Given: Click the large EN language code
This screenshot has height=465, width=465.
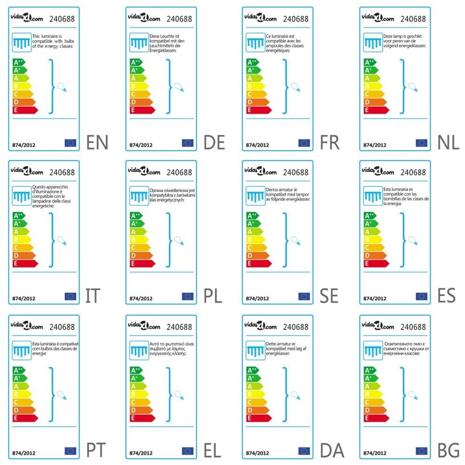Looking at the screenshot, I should [x=97, y=142].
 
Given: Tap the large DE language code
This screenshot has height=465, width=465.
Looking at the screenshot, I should [x=214, y=142].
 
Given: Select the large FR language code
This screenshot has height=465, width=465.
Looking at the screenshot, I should [x=330, y=142].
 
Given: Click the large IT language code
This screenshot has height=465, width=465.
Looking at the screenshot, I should [x=93, y=296].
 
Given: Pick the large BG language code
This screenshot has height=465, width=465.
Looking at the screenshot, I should [x=448, y=450].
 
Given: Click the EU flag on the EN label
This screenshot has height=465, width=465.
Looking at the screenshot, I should [x=70, y=143].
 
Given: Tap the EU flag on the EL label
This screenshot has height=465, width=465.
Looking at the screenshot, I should [x=187, y=451].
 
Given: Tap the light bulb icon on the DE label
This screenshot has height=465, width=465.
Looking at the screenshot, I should [x=178, y=87].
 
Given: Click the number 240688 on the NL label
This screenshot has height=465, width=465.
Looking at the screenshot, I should [x=413, y=19].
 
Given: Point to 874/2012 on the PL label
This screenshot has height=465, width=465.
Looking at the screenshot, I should [x=140, y=299].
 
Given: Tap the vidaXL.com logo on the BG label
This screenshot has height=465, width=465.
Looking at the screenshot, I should [x=378, y=326].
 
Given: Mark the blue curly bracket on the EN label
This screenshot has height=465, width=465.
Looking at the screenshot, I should [x=52, y=86].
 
